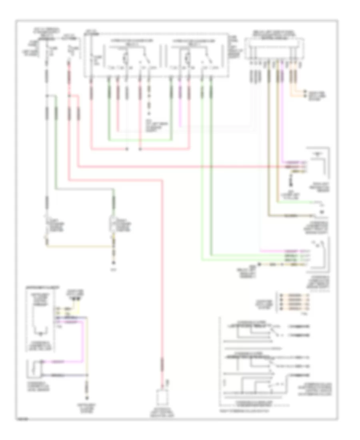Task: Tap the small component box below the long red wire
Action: pos(163,397)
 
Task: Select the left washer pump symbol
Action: pos(48,226)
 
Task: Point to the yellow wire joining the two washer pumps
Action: pos(80,247)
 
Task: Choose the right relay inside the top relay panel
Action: pos(188,56)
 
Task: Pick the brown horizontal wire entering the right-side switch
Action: pos(292,216)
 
